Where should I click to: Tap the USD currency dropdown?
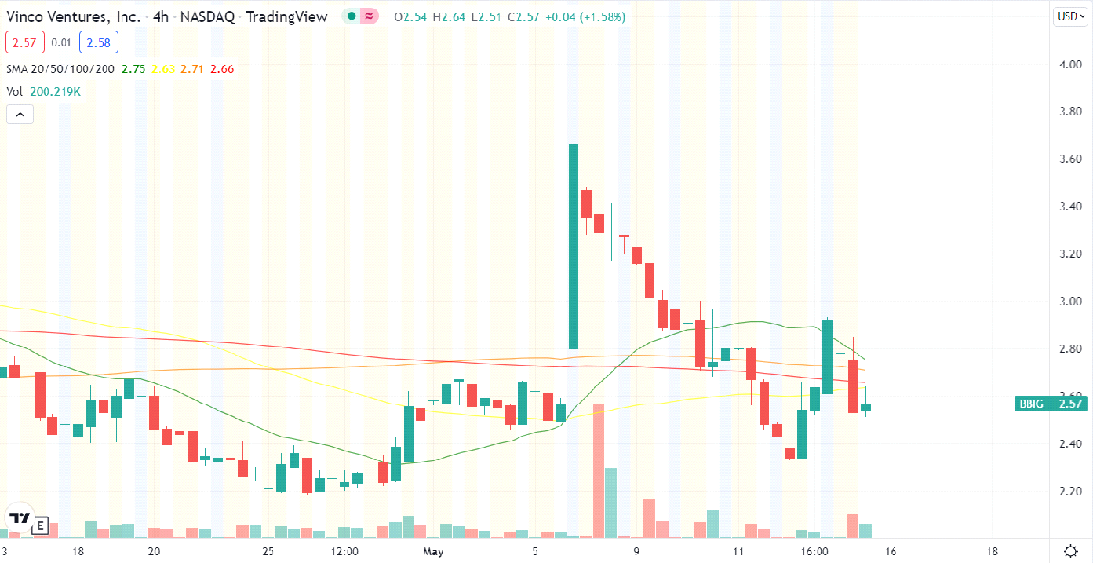(x=1069, y=16)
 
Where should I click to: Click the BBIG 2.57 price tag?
(x=1051, y=404)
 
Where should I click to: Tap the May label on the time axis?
(x=433, y=551)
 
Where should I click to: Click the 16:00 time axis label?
(x=815, y=551)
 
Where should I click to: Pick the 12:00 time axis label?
(x=345, y=551)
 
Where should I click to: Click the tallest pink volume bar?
(x=599, y=470)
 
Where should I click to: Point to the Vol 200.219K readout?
(x=44, y=92)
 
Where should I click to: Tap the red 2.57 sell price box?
(x=24, y=42)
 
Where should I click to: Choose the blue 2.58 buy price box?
(x=100, y=42)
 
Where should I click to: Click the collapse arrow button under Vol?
(x=20, y=115)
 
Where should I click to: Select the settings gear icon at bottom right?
(x=1070, y=550)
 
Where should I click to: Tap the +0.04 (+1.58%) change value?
(x=581, y=16)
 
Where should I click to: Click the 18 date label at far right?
(x=993, y=551)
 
